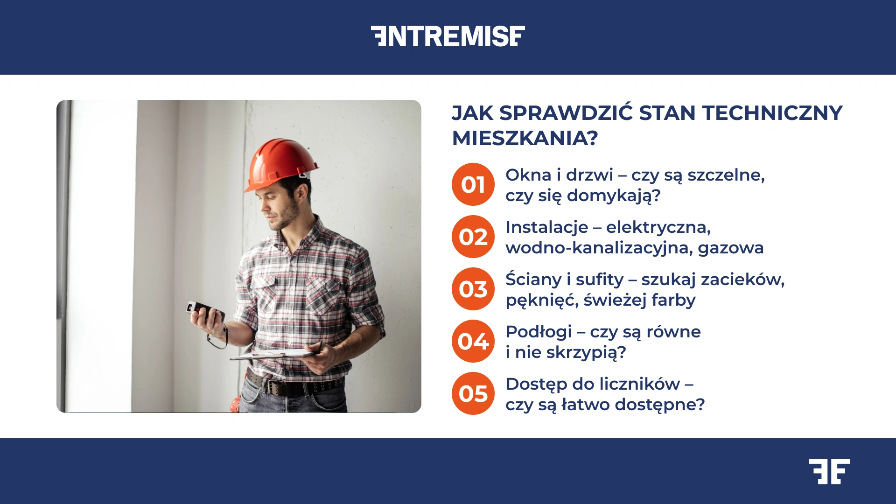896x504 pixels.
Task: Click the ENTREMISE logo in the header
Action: [448, 36]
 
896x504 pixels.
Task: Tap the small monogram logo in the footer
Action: [829, 471]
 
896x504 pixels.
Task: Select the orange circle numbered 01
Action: [473, 184]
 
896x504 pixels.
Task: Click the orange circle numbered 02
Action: [473, 237]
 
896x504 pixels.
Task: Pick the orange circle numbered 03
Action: [473, 289]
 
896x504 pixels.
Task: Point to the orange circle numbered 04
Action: [473, 341]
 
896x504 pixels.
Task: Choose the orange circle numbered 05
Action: [473, 393]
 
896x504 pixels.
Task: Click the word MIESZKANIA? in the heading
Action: [525, 138]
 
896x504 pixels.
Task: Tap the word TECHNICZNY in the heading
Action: [772, 113]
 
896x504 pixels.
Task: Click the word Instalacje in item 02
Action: [546, 227]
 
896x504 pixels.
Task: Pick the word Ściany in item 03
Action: [533, 280]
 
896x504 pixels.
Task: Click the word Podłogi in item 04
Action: [539, 332]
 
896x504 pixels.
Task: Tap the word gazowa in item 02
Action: [730, 248]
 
